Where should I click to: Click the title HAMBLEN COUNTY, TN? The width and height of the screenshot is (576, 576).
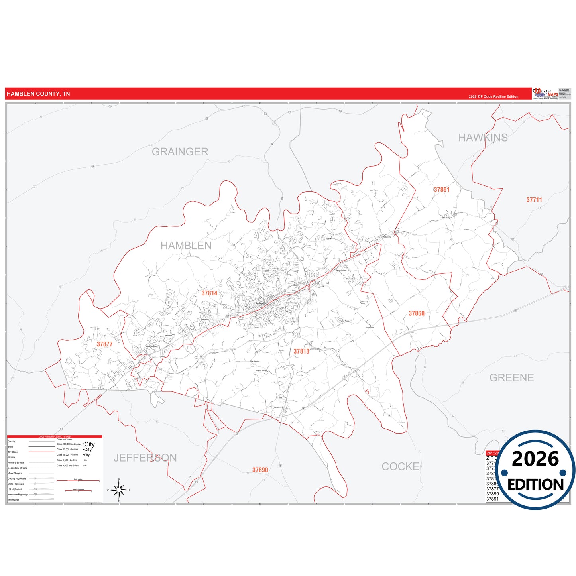[x=38, y=94]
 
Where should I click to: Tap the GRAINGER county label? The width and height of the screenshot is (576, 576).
[x=180, y=152]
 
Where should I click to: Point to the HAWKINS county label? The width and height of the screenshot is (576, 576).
[x=483, y=138]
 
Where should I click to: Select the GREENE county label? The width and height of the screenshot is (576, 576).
[x=511, y=377]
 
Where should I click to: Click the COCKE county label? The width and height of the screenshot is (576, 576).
[x=400, y=466]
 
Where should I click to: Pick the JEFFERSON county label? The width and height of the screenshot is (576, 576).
[x=145, y=458]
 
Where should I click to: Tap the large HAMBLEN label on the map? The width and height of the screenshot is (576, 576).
[x=186, y=246]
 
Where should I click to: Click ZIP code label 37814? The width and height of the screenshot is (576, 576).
[x=209, y=293]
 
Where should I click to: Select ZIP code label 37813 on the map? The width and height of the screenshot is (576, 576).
[x=301, y=351]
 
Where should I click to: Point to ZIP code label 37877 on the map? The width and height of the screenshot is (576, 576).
[x=104, y=344]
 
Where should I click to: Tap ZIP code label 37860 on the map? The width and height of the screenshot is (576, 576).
[x=417, y=313]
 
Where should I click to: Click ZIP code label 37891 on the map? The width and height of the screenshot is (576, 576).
[x=442, y=190]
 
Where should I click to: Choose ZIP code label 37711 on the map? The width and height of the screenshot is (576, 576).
[x=534, y=200]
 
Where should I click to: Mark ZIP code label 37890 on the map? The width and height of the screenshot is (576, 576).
[x=260, y=470]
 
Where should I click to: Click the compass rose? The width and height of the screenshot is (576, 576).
[x=119, y=490]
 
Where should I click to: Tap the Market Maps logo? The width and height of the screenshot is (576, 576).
[x=545, y=94]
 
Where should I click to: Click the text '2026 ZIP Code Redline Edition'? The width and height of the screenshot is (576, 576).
[x=493, y=96]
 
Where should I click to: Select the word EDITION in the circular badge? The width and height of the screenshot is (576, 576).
[x=535, y=484]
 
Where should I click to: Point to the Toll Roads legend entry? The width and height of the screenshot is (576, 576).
[x=14, y=499]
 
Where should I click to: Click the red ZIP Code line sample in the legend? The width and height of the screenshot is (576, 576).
[x=41, y=452]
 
